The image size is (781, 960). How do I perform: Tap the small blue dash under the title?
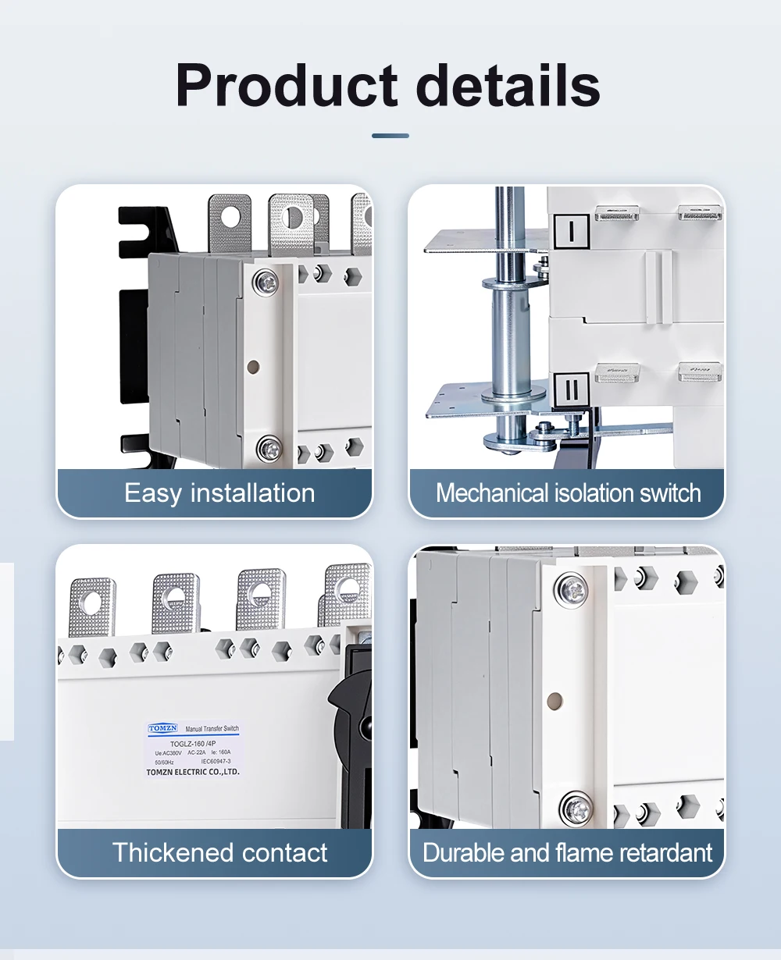coord(390,136)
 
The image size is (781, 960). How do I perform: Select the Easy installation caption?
coord(219,493)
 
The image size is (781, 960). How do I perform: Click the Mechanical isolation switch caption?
coord(568,493)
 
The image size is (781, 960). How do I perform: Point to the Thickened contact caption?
coord(219,852)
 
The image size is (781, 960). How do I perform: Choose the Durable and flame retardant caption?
coord(568,852)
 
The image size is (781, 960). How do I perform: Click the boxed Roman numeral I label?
coord(572,232)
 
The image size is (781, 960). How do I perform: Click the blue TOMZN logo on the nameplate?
coord(163,728)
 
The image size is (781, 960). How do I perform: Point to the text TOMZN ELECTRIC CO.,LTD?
coord(193,772)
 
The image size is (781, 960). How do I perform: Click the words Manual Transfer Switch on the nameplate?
coord(212,729)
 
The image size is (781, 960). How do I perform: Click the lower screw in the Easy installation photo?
coord(268,449)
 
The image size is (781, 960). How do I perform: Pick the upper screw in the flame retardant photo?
coord(573,589)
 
